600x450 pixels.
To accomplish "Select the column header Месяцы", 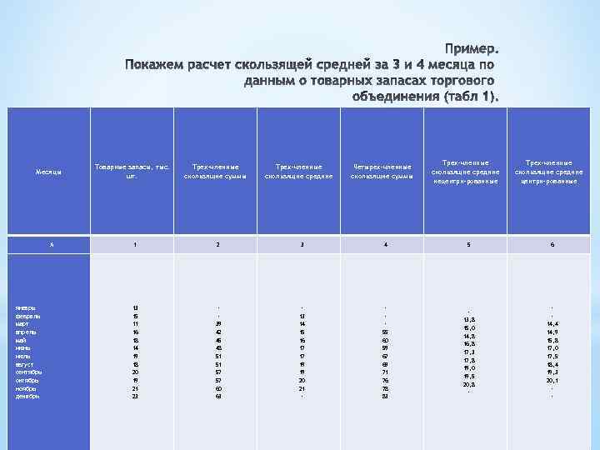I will pyautogui.click(x=47, y=172).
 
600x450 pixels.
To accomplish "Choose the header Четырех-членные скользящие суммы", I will pyautogui.click(x=382, y=172).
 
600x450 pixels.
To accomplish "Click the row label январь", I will pyautogui.click(x=27, y=307).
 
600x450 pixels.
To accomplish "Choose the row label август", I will pyautogui.click(x=25, y=363).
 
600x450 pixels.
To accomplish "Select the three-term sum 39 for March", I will pyautogui.click(x=219, y=323).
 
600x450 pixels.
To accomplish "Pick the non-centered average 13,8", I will pyautogui.click(x=469, y=319).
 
